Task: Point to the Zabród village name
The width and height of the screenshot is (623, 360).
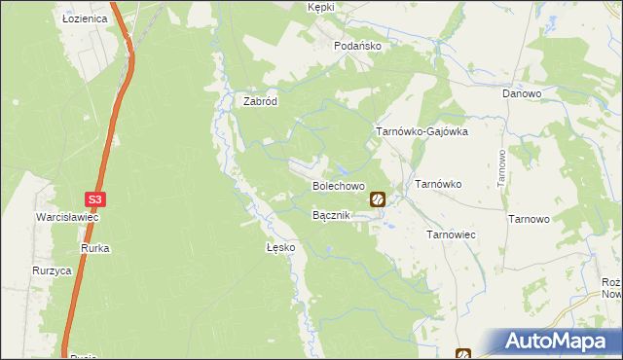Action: [260, 99]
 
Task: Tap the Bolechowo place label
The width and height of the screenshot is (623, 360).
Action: [338, 185]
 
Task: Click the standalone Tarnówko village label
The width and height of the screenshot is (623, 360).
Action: [438, 183]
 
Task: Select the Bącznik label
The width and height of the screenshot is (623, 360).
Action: [332, 214]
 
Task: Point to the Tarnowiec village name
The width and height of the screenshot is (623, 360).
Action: [451, 234]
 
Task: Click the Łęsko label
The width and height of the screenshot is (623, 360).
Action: [280, 247]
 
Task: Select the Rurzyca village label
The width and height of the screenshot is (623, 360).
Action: [52, 271]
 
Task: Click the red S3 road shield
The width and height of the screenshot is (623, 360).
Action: [94, 199]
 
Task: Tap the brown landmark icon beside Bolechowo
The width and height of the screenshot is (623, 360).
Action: [378, 199]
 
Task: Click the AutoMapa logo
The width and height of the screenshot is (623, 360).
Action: [558, 341]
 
